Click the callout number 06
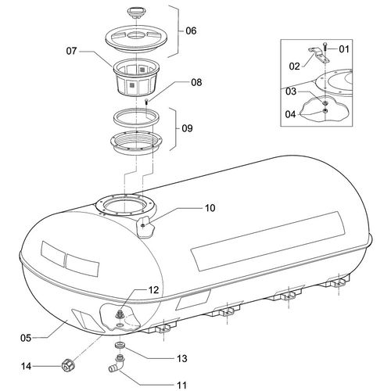191,30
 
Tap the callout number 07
71,51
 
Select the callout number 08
196,82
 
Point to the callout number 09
187,128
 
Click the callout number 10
210,208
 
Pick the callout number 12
153,290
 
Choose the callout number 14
26,366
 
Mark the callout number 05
26,338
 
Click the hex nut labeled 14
68,364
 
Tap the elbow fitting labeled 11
117,364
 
